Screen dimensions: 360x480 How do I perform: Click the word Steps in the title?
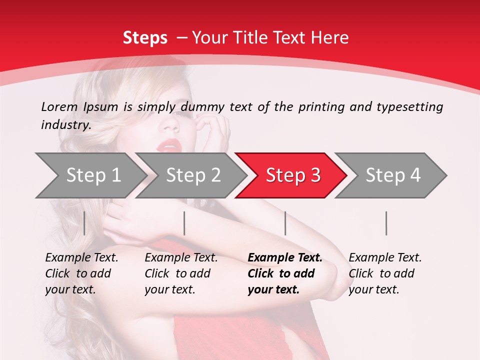click(145, 38)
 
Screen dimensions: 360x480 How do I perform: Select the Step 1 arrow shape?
click(90, 175)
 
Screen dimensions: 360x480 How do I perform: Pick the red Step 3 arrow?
click(292, 175)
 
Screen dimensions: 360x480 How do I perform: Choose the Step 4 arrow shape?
click(392, 175)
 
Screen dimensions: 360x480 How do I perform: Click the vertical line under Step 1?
click(84, 223)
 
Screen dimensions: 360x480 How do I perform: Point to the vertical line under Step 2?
click(184, 223)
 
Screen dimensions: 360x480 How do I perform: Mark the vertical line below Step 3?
click(285, 223)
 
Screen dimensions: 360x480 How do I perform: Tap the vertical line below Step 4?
click(386, 223)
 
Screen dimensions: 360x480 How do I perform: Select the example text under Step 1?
click(81, 273)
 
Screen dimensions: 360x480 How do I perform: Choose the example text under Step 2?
click(181, 273)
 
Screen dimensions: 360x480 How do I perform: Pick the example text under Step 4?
click(385, 273)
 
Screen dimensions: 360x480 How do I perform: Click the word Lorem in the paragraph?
click(59, 106)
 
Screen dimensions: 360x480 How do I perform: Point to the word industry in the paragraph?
click(65, 125)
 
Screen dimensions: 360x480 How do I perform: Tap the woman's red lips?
click(169, 146)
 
